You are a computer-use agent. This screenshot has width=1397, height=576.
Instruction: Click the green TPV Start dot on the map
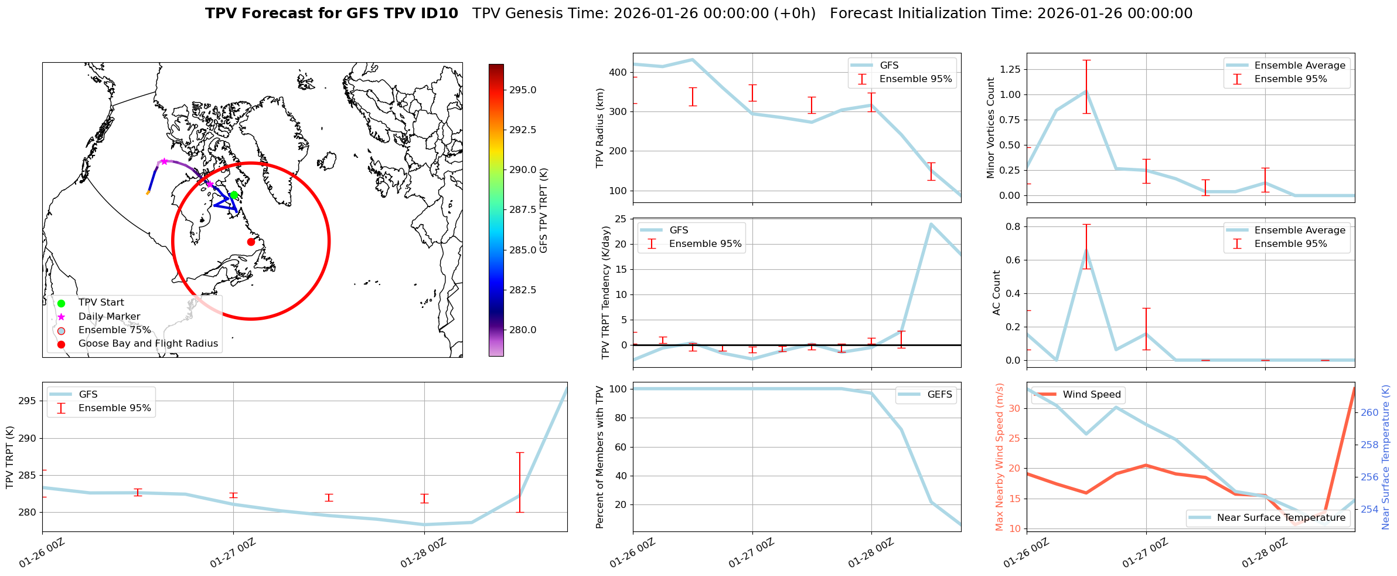tap(234, 195)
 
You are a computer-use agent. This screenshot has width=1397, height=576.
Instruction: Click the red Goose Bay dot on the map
tap(251, 242)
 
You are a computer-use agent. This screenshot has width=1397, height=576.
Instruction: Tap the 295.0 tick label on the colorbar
tap(523, 90)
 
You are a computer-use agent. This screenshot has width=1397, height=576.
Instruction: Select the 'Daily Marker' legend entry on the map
tap(109, 316)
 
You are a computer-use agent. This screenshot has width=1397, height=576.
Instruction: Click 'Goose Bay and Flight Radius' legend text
tap(148, 343)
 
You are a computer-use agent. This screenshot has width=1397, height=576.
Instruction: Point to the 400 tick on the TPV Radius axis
tap(619, 72)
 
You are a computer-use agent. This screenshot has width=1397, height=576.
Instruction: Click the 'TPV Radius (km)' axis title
tap(599, 128)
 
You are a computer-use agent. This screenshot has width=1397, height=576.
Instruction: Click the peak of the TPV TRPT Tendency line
tap(931, 223)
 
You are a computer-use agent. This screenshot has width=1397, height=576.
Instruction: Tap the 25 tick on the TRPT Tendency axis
tap(622, 219)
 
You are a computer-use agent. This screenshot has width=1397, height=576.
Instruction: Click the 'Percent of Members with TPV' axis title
tap(599, 457)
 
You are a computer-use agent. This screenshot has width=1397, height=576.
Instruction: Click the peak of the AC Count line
tap(1086, 250)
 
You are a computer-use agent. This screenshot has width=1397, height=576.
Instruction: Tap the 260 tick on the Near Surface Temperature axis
tap(1369, 412)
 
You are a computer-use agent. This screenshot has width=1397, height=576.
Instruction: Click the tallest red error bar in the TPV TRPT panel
tap(519, 482)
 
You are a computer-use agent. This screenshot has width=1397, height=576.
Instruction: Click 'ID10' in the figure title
tap(437, 13)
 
